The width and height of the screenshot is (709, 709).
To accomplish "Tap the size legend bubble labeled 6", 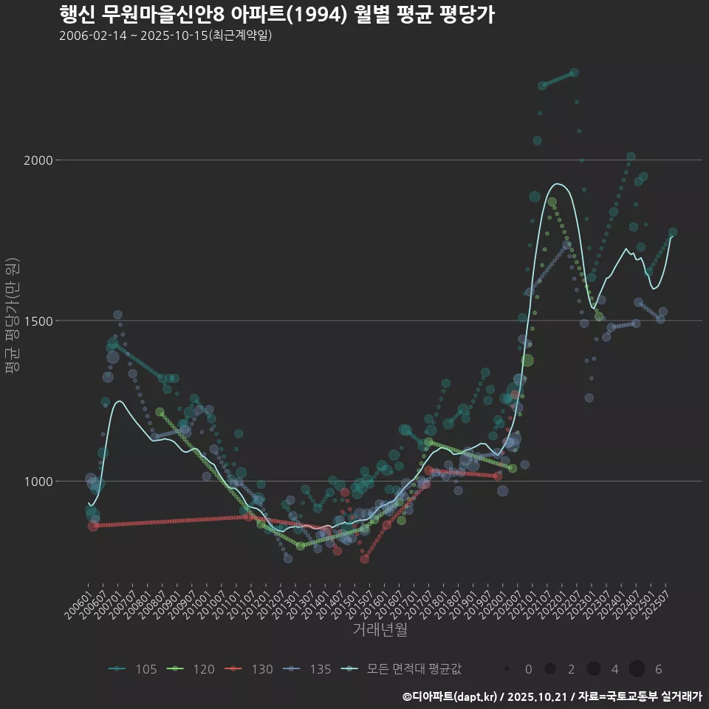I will tap(637, 669).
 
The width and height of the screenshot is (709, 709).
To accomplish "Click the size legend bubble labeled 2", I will tap(549, 669).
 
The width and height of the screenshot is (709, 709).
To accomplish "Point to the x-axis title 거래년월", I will tap(380, 630).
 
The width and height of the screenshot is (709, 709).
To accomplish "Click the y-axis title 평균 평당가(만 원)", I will tap(13, 317).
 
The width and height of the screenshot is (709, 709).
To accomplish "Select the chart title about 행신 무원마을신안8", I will tap(276, 15).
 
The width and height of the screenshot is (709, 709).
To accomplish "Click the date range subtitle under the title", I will tap(165, 35).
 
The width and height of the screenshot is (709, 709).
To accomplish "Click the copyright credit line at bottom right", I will tap(552, 696).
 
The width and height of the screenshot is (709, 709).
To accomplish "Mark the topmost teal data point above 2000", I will tap(574, 73).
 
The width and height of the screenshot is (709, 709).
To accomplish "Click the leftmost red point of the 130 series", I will tap(93, 526).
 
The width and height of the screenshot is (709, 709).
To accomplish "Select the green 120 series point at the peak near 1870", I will tap(552, 202).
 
